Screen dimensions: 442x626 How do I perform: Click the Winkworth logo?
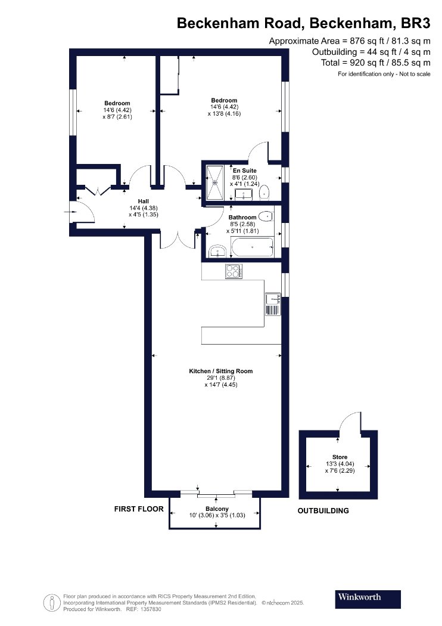(x=368, y=599)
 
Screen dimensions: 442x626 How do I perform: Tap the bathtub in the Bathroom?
(x=253, y=247)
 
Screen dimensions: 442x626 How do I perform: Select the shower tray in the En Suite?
(x=216, y=182)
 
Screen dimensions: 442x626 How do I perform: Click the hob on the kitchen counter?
(x=234, y=271)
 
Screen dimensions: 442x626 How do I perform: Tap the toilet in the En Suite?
(x=265, y=193)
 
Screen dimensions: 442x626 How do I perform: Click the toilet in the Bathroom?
(x=266, y=216)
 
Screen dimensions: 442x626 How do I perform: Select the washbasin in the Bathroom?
(x=217, y=251)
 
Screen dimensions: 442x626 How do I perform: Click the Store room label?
(x=340, y=457)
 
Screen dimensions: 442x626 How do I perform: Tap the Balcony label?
(x=217, y=509)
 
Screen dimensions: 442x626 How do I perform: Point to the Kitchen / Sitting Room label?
(x=220, y=371)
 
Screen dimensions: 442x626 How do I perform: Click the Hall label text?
(x=144, y=202)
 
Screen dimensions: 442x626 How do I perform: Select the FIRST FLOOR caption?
(x=139, y=509)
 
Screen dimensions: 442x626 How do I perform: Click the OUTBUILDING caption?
(x=323, y=510)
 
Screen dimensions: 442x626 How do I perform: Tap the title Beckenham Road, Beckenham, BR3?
(x=304, y=23)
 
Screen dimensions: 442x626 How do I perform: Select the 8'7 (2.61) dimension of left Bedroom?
(x=117, y=117)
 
